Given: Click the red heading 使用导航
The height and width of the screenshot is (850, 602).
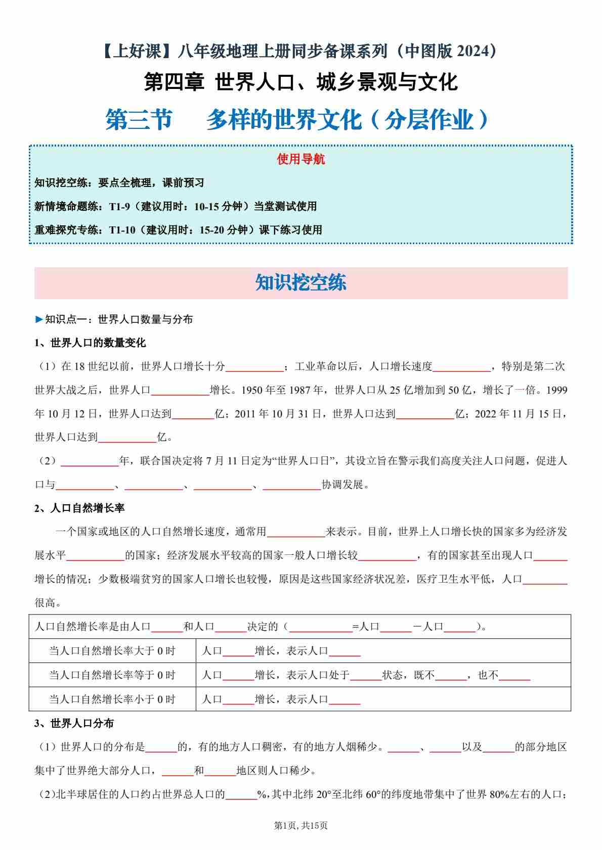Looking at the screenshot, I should click(x=300, y=159).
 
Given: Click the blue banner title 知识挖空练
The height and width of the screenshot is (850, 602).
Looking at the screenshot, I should click(x=300, y=283).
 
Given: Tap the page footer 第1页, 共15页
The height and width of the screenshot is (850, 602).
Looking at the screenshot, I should click(x=300, y=825).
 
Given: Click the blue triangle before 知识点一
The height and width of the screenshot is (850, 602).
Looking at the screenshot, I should click(x=39, y=319).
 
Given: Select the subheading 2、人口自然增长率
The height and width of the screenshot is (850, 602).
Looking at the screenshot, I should click(x=79, y=508).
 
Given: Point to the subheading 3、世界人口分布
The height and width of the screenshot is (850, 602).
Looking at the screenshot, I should click(x=74, y=723).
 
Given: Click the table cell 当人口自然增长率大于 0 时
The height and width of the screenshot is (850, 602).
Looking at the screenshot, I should click(x=112, y=651).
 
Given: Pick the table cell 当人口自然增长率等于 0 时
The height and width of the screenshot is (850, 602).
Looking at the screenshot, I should click(x=112, y=675).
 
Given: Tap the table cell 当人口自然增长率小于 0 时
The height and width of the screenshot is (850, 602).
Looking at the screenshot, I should click(x=112, y=699).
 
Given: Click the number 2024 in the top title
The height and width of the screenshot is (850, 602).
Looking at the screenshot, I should click(x=473, y=51).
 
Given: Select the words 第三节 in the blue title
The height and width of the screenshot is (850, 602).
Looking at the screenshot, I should click(x=139, y=120).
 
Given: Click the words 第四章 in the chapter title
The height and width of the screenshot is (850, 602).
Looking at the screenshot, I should click(x=174, y=82).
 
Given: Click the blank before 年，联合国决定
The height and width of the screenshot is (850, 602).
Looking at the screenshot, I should click(x=89, y=462).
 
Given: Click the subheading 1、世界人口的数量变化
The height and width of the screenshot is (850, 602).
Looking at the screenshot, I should click(x=90, y=343).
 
